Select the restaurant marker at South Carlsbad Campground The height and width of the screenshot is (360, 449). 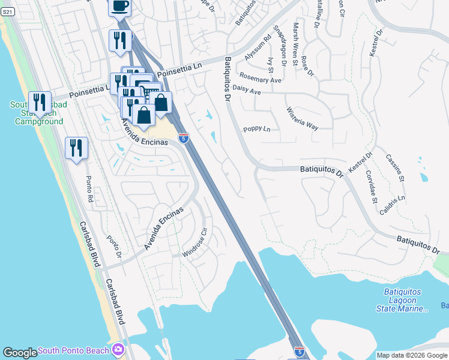[40, 103]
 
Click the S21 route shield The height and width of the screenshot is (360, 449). [7, 11]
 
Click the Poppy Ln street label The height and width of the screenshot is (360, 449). [257, 129]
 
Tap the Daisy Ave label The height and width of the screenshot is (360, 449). [246, 90]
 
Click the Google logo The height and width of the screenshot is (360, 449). [20, 353]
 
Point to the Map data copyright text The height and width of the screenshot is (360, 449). [412, 355]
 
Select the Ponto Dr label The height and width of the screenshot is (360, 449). [115, 245]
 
